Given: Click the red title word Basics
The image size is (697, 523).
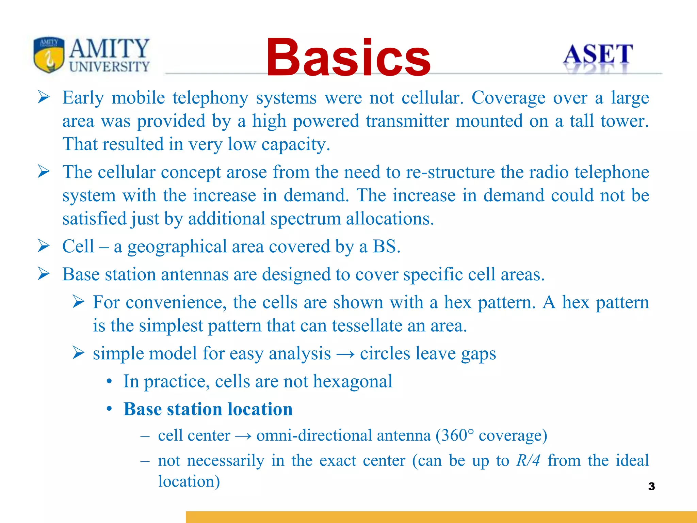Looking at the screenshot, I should click(x=348, y=58).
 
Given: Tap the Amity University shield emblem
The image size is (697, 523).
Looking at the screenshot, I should click(x=49, y=54).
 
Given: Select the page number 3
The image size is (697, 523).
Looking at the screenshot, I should click(x=651, y=486).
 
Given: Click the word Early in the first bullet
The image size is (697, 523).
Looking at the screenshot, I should click(x=83, y=98).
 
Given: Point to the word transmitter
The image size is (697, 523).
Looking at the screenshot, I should click(x=407, y=121).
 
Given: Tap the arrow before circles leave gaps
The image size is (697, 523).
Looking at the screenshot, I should click(x=345, y=354).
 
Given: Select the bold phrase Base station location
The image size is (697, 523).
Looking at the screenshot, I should click(x=208, y=409).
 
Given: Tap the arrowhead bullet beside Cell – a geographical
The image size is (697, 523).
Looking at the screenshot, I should click(x=44, y=246).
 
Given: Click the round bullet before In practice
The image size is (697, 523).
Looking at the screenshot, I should click(x=109, y=382).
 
